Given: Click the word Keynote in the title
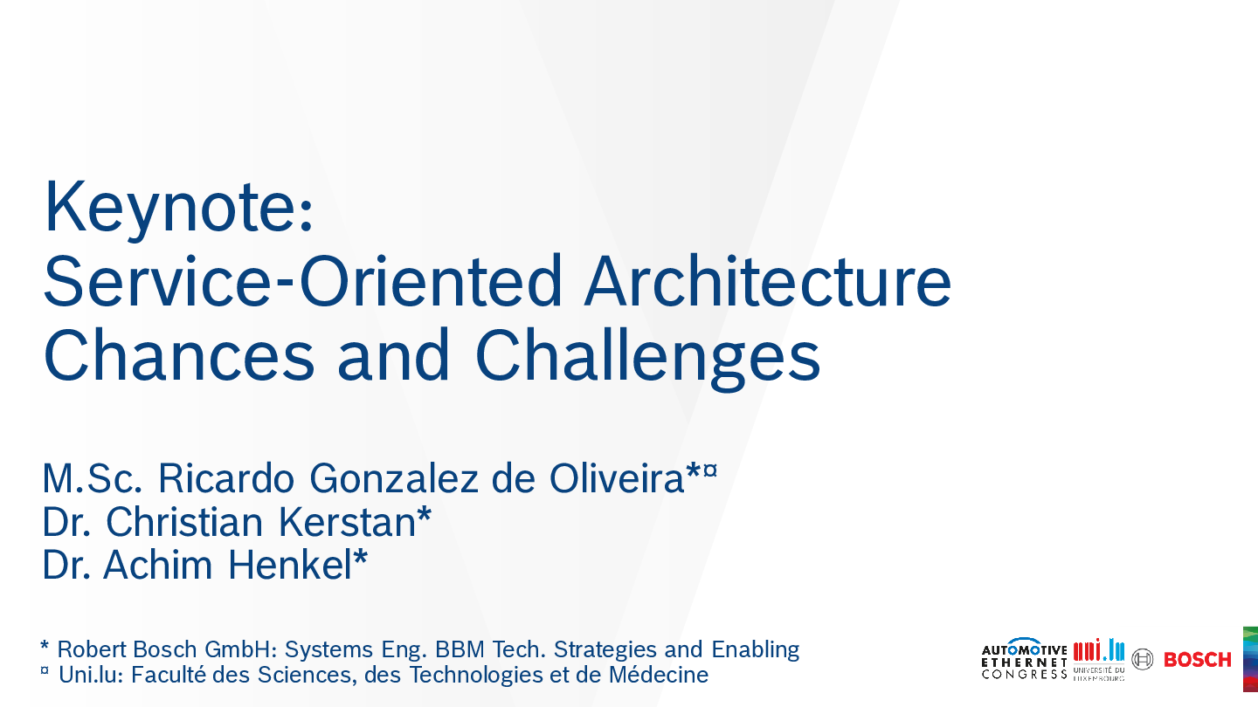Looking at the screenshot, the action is click(170, 209).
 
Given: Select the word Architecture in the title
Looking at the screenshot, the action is click(768, 280).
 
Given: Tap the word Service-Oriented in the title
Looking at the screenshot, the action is click(302, 280).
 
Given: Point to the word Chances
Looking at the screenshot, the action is click(178, 354).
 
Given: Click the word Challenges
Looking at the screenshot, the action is click(648, 358).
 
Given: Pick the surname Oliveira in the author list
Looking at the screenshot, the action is click(617, 478).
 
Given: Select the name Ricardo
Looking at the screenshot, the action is click(225, 478).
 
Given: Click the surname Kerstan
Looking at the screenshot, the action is click(347, 522).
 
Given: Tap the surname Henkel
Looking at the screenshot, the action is click(290, 565).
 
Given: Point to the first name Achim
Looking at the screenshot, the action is click(158, 565).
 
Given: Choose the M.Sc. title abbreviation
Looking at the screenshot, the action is click(92, 478).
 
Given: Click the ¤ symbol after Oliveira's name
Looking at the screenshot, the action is click(710, 470).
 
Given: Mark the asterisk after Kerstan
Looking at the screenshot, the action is click(424, 513).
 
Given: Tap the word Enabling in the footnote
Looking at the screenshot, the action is click(756, 649).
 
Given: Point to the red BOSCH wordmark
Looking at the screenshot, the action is click(1198, 660).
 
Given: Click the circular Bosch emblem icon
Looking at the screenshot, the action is click(1143, 659).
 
